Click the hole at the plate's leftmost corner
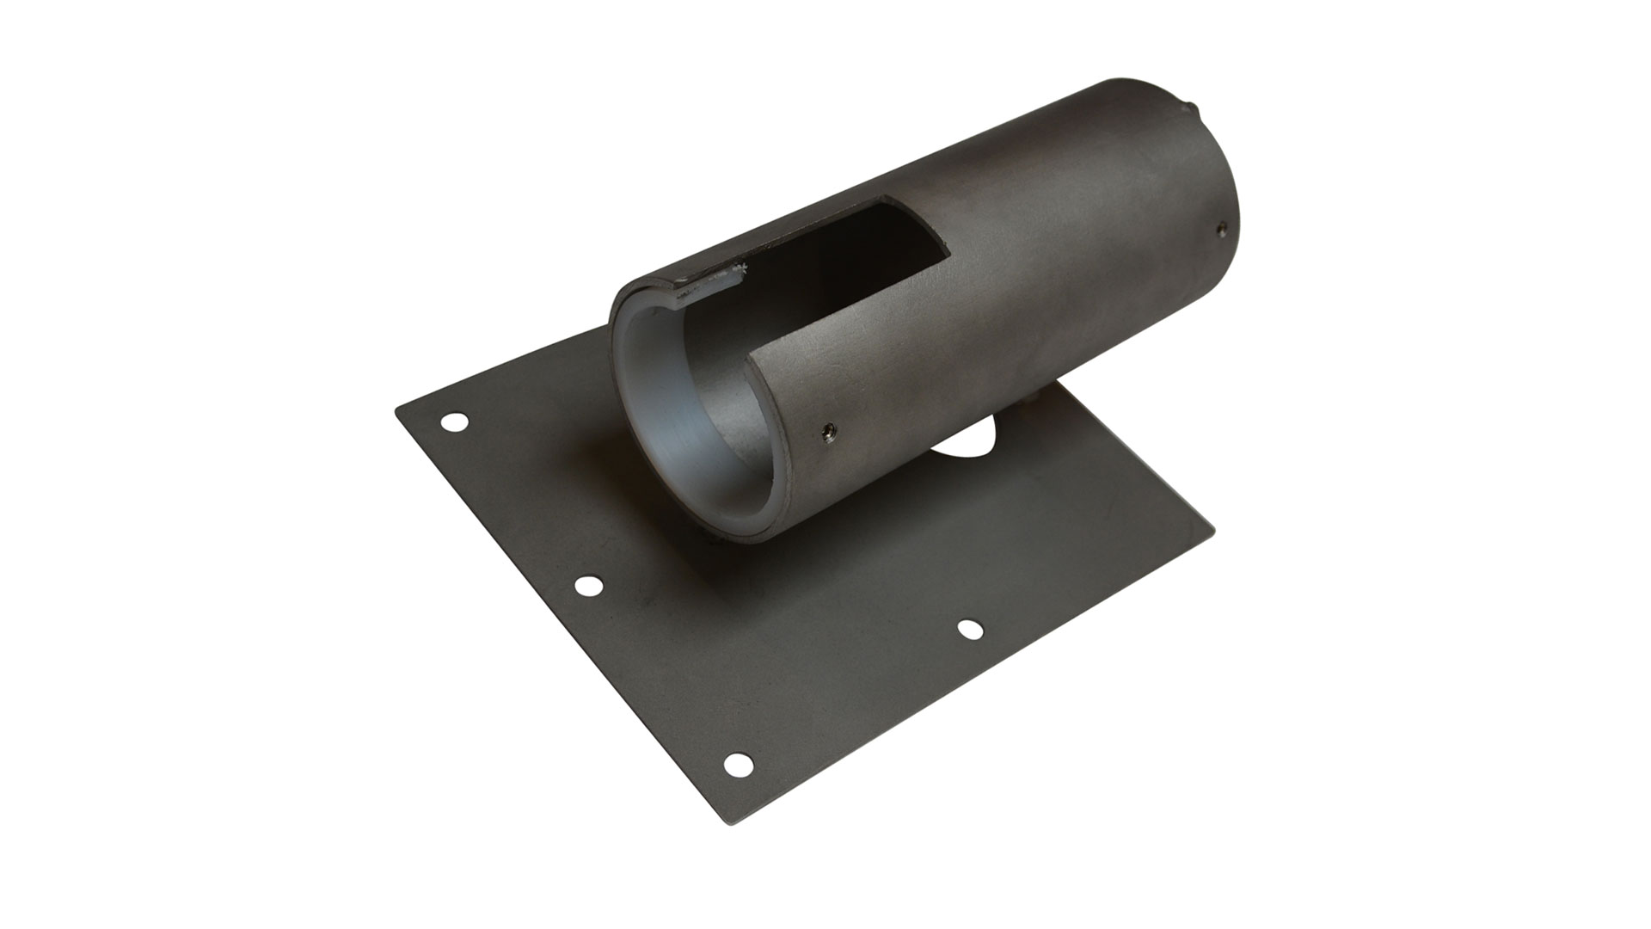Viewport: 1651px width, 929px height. point(454,421)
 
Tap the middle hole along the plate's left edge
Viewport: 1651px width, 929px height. point(588,586)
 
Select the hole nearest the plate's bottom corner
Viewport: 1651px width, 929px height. point(737,763)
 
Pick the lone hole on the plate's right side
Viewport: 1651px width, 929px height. point(970,630)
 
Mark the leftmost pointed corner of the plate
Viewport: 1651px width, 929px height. point(396,410)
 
